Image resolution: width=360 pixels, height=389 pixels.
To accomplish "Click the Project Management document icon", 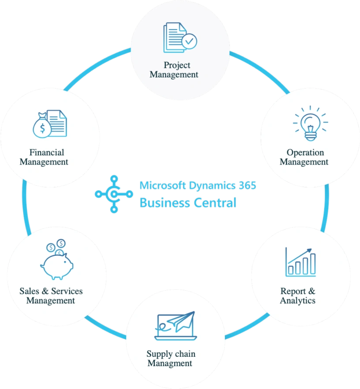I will (x=176, y=37).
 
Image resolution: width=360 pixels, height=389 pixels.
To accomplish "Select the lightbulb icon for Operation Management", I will (x=311, y=124).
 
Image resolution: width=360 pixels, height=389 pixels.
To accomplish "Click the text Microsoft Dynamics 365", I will (x=198, y=185).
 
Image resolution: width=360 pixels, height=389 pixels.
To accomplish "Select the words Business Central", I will (x=188, y=203).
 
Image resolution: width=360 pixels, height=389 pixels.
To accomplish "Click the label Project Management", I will (x=174, y=70).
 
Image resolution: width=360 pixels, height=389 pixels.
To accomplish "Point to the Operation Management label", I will (x=304, y=157).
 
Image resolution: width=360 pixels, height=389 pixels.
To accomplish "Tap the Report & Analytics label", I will (x=298, y=296).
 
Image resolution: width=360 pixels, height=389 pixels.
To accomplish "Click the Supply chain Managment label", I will (x=170, y=359).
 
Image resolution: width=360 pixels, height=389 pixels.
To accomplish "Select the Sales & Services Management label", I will (x=51, y=296).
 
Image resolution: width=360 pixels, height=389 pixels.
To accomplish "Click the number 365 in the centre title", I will (x=247, y=185).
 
